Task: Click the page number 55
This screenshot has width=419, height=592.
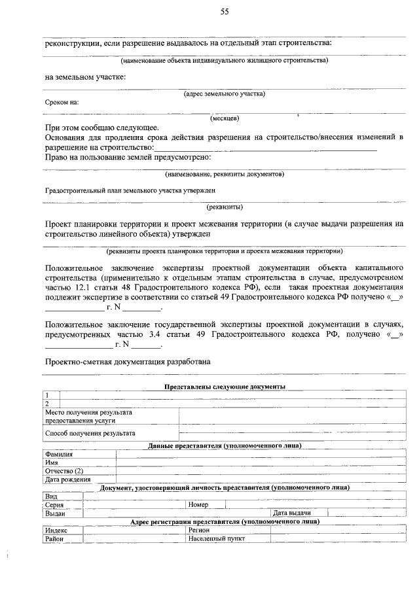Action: (225, 12)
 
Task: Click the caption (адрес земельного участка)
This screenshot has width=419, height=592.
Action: (225, 94)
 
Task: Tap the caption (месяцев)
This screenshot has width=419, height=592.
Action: (225, 119)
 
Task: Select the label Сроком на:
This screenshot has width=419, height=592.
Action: (62, 103)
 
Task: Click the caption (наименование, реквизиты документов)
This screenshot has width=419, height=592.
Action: (225, 175)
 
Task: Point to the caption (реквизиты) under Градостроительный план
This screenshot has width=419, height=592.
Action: (225, 207)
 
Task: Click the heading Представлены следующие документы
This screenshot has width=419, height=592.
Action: (225, 387)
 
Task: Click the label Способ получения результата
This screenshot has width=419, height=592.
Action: (90, 433)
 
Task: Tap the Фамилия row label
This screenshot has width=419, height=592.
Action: (60, 453)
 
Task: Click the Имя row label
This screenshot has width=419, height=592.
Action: (52, 462)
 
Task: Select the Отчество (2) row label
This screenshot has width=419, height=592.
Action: (64, 471)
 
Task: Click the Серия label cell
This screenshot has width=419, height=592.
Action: (54, 505)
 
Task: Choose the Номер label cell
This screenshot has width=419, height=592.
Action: (198, 505)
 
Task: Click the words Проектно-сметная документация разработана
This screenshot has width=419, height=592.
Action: (128, 362)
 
